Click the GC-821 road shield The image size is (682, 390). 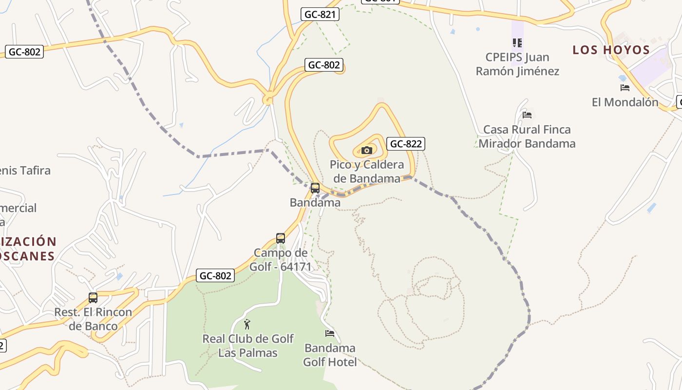coord(320,15)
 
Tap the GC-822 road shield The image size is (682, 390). coord(406,144)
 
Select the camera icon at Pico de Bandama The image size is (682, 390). coord(367,150)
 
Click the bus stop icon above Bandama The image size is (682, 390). coord(315,188)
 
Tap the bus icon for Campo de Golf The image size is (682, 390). coord(281,238)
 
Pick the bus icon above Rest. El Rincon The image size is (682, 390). coord(93,297)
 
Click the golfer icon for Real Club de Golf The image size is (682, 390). coord(247,324)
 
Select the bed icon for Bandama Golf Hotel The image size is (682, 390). coord(330,333)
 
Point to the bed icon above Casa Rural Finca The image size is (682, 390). coord(527,115)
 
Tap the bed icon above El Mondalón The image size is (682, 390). coord(625,88)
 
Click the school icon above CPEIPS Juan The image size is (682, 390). coord(517,43)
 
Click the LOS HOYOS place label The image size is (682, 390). coord(611,50)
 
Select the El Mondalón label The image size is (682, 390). coord(625,102)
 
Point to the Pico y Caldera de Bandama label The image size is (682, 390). coord(367,171)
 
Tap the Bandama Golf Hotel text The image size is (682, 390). coord(330,355)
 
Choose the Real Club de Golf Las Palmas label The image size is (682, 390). coord(248,346)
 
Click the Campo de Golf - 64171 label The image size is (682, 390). coord(281,260)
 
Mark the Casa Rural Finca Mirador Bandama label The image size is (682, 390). coord(527,136)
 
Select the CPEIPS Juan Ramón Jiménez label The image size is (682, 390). coord(517,64)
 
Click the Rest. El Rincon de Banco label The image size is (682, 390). coord(93,319)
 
